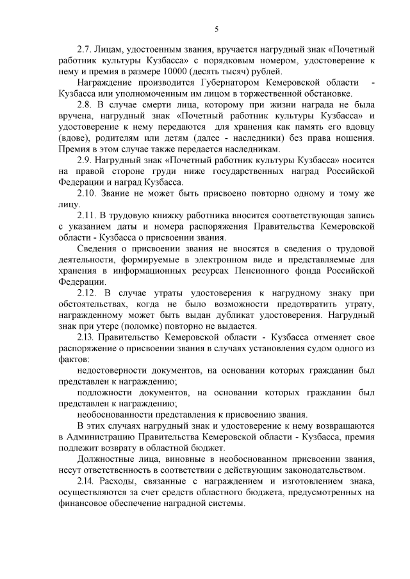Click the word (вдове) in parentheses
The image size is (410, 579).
click(73, 138)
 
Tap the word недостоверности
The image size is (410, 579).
click(113, 370)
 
